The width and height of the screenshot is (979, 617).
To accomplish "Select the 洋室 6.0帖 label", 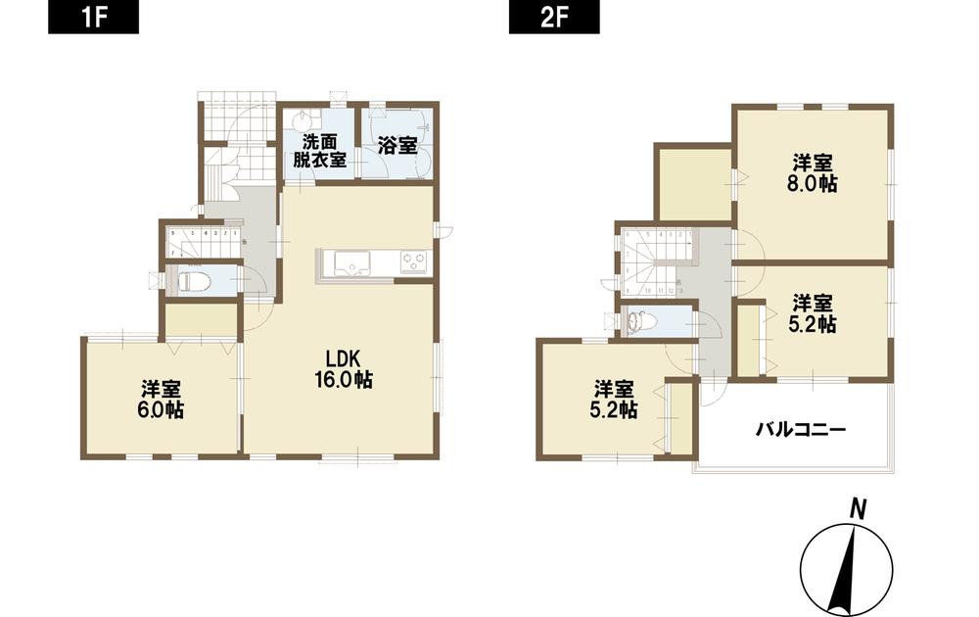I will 162,400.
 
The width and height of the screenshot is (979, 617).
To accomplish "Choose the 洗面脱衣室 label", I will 318,149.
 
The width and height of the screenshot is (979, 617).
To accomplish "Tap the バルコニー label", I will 799,429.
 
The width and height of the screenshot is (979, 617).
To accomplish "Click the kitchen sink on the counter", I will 350,263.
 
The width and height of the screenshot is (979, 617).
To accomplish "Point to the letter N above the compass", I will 857,507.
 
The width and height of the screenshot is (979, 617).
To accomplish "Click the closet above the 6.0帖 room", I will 202,319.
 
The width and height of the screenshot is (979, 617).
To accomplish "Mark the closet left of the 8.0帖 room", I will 693,183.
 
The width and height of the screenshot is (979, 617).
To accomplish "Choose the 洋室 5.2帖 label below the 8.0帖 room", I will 814,311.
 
